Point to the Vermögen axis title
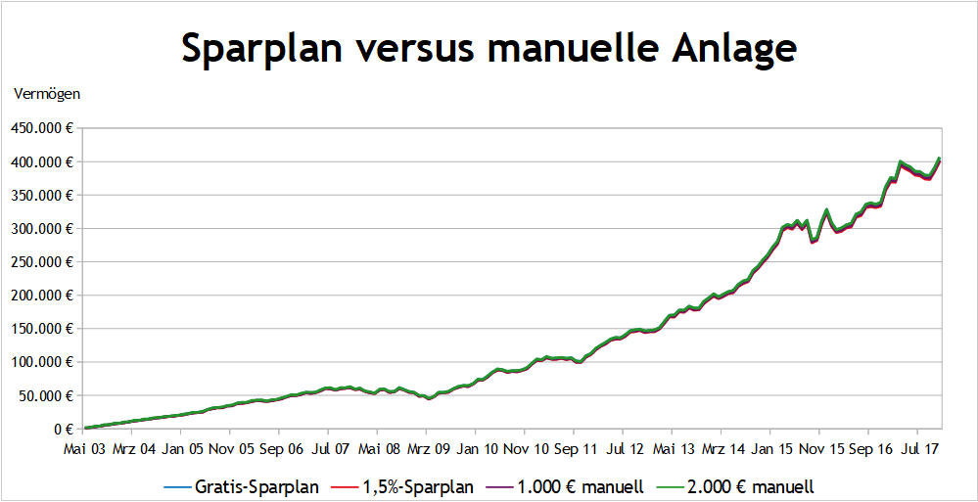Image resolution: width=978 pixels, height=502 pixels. tap(47, 94)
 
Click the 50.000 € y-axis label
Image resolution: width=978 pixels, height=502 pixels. tap(46, 395)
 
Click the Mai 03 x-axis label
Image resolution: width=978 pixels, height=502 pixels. tap(84, 449)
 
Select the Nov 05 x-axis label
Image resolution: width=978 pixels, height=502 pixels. tap(231, 449)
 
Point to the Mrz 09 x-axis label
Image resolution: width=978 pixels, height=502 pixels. tap(428, 449)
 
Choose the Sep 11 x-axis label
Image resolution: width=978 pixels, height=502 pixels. tap(575, 449)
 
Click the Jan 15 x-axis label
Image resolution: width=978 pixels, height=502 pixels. tap(770, 449)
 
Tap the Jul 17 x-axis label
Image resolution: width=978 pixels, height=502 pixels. tap(917, 449)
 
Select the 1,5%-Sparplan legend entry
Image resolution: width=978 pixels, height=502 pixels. tap(406, 485)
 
